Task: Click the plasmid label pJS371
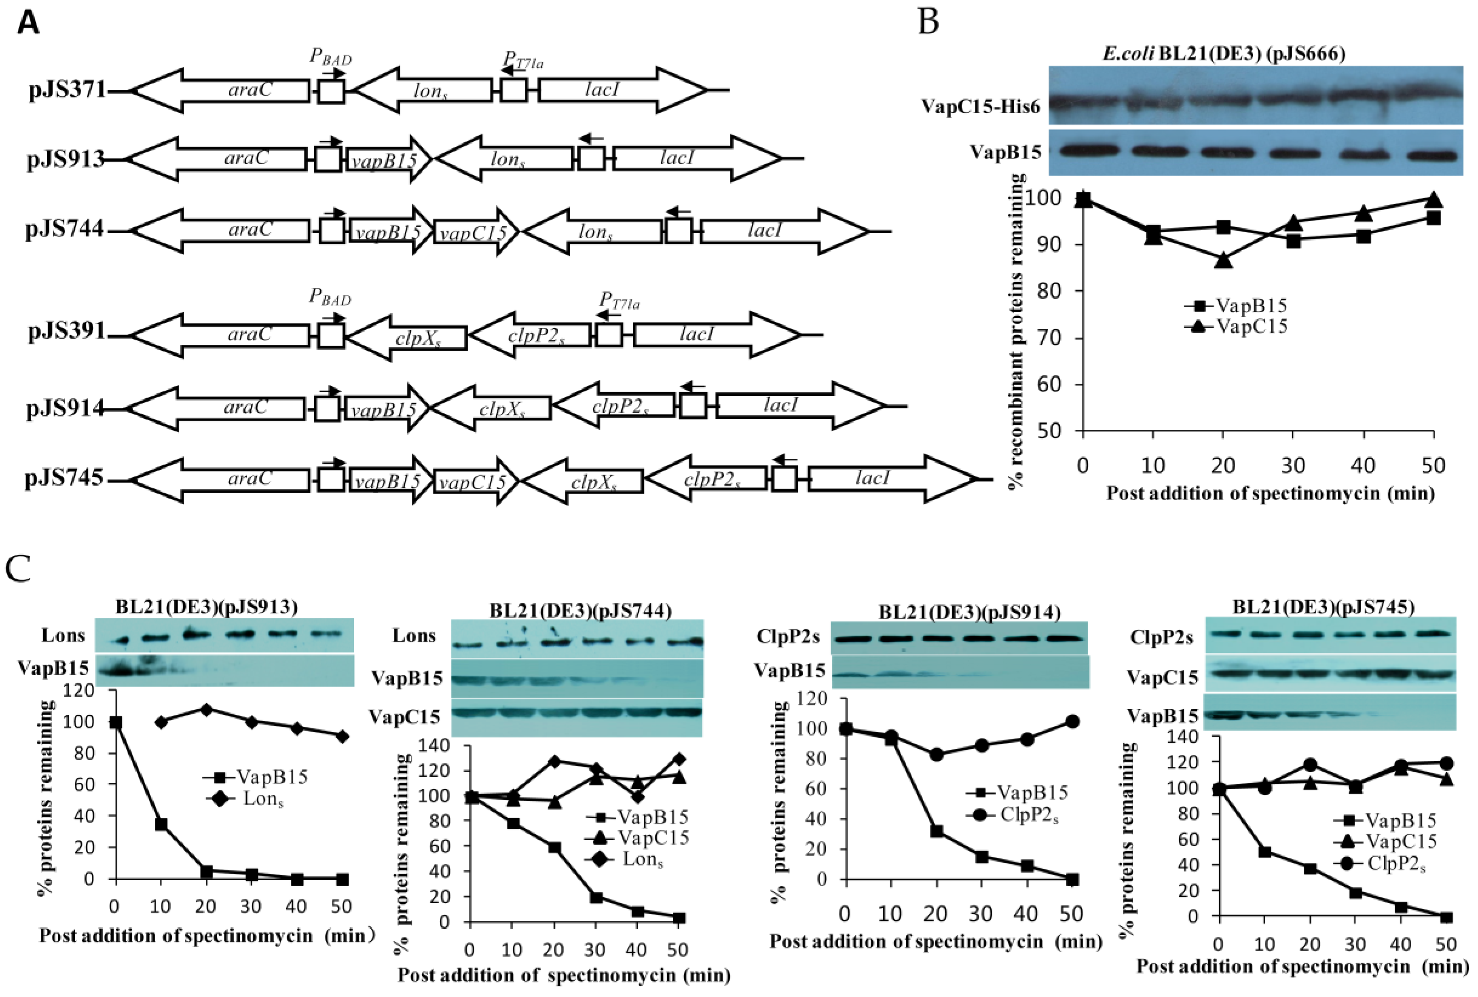pyautogui.click(x=67, y=90)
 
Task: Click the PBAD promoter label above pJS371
pyautogui.click(x=330, y=58)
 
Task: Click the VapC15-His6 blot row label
pyautogui.click(x=980, y=106)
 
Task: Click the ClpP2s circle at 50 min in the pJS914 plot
pyautogui.click(x=1072, y=722)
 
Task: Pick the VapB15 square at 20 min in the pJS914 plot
pyautogui.click(x=936, y=831)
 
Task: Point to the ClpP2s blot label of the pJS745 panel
pyautogui.click(x=1161, y=638)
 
